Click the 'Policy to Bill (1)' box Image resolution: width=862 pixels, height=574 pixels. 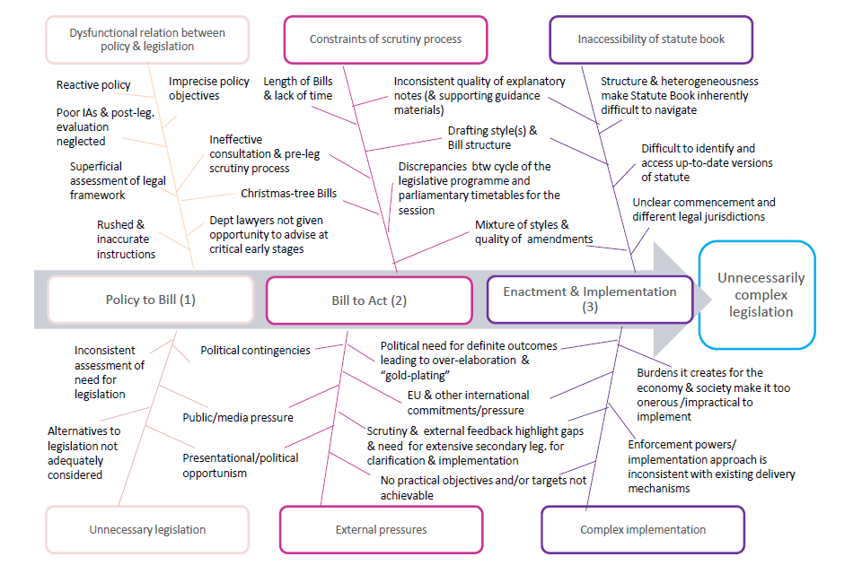click(150, 300)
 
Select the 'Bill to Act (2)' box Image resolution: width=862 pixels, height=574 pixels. click(369, 300)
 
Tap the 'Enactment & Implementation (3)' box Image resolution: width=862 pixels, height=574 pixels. click(590, 299)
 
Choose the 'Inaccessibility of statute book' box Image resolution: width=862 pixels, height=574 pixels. click(651, 39)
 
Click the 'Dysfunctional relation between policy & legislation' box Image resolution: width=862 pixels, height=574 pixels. click(147, 39)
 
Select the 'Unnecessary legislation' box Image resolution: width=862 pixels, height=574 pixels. click(147, 529)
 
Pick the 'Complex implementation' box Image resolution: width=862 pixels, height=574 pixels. click(642, 529)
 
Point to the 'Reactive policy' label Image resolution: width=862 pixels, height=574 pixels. click(93, 85)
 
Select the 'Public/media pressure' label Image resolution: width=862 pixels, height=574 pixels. click(238, 417)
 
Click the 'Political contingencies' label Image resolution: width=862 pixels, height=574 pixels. click(255, 351)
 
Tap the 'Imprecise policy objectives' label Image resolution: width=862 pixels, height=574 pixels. click(208, 88)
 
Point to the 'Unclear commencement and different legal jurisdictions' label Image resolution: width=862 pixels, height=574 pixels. click(704, 209)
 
